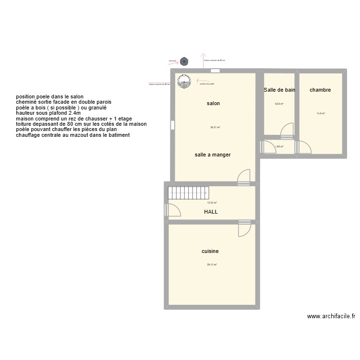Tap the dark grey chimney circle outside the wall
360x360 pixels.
pyautogui.click(x=184, y=61)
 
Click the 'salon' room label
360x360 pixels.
pyautogui.click(x=213, y=103)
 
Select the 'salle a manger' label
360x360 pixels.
pyautogui.click(x=213, y=155)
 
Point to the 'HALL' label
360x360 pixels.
pyautogui.click(x=211, y=211)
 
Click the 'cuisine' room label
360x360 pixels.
pyautogui.click(x=210, y=251)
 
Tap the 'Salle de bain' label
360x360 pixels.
pyautogui.click(x=279, y=90)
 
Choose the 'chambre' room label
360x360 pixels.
pyautogui.click(x=320, y=90)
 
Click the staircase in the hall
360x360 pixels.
pyautogui.click(x=188, y=193)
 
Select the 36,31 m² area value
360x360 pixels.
pyautogui.click(x=215, y=127)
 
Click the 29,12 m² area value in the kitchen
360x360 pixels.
pyautogui.click(x=212, y=264)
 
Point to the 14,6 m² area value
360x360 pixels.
pyautogui.click(x=321, y=113)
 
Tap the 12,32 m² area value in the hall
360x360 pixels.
pyautogui.click(x=212, y=203)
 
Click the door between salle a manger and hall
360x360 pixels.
pyautogui.click(x=244, y=177)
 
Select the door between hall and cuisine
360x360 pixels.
pyautogui.click(x=244, y=229)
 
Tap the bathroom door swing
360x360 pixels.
pyautogui.click(x=287, y=129)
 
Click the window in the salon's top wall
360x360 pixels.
pyautogui.click(x=215, y=71)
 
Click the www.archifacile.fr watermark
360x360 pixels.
pyautogui.click(x=331, y=316)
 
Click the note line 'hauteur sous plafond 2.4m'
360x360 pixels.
pyautogui.click(x=48, y=113)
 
